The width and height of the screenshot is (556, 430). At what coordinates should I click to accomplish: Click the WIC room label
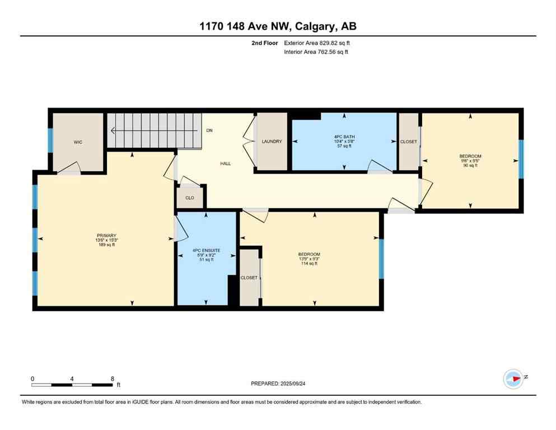[78, 142]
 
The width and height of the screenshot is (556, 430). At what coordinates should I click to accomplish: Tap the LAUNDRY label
[272, 142]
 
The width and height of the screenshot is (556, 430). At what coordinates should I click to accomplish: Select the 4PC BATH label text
[344, 137]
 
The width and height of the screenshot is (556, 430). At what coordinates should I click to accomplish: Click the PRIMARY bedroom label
[106, 235]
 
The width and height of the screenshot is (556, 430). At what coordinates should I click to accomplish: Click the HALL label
[225, 163]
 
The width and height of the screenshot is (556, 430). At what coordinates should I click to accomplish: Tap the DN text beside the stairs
[209, 130]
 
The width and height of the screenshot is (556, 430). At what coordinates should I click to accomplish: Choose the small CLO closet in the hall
[190, 198]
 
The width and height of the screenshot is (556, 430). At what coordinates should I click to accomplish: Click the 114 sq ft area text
[309, 264]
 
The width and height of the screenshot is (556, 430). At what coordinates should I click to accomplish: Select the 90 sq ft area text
[470, 166]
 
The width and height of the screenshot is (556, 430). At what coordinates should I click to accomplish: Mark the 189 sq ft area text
[106, 245]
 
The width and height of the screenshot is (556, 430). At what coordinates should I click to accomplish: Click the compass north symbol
[513, 379]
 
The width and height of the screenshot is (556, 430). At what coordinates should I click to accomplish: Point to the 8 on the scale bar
[113, 378]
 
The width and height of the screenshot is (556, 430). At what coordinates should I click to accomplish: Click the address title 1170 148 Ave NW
[278, 26]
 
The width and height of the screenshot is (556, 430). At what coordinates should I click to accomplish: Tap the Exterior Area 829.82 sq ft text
[319, 43]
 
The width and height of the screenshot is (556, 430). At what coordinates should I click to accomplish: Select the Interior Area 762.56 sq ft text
[319, 52]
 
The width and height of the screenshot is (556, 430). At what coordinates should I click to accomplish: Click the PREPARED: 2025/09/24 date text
[278, 384]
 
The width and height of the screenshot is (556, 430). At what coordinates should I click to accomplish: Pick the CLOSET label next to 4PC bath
[408, 142]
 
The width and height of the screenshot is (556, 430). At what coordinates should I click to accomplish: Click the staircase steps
[154, 130]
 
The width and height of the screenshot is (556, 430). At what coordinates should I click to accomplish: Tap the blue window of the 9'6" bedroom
[521, 159]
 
